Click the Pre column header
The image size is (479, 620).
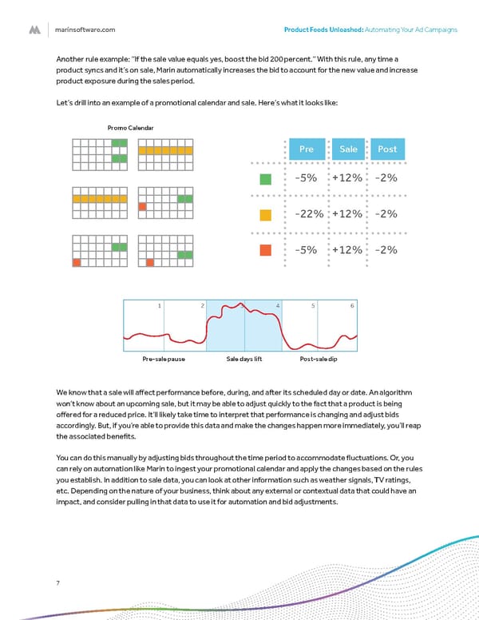tap(306, 149)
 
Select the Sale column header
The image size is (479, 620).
tap(348, 149)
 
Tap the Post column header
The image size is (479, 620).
tap(387, 149)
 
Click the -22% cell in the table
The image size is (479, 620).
tap(309, 213)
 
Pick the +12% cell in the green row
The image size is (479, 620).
tap(348, 178)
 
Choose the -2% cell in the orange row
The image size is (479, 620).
tap(386, 249)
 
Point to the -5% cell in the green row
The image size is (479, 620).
tap(309, 178)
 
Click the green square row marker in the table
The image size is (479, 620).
tap(266, 179)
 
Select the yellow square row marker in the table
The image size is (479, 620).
tap(266, 214)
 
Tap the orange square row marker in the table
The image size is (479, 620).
tap(266, 250)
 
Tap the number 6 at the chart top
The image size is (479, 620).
tap(351, 307)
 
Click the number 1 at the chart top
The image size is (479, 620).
tap(160, 307)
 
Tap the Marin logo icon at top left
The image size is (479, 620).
tap(34, 30)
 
